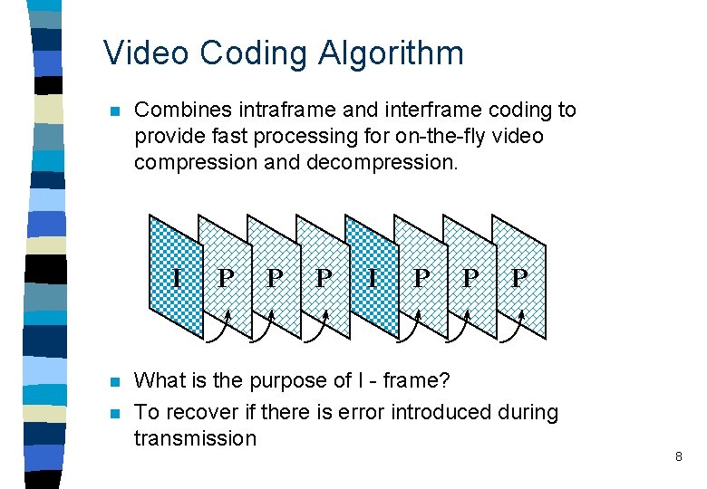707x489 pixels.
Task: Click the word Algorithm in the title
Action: (x=391, y=53)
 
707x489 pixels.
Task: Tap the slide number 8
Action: (x=678, y=457)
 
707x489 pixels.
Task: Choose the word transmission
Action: (x=195, y=439)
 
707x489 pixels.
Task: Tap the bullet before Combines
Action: (x=113, y=111)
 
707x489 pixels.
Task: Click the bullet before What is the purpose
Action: (x=113, y=381)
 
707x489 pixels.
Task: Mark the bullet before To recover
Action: (x=113, y=412)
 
